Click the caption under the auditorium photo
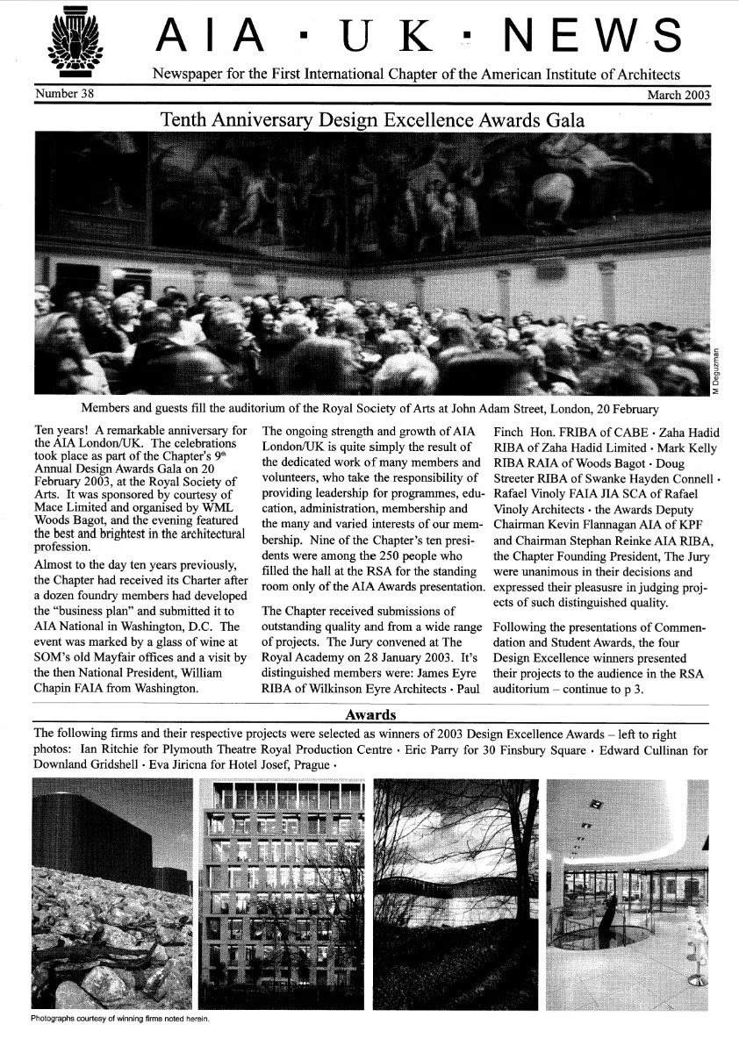[x=369, y=409]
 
